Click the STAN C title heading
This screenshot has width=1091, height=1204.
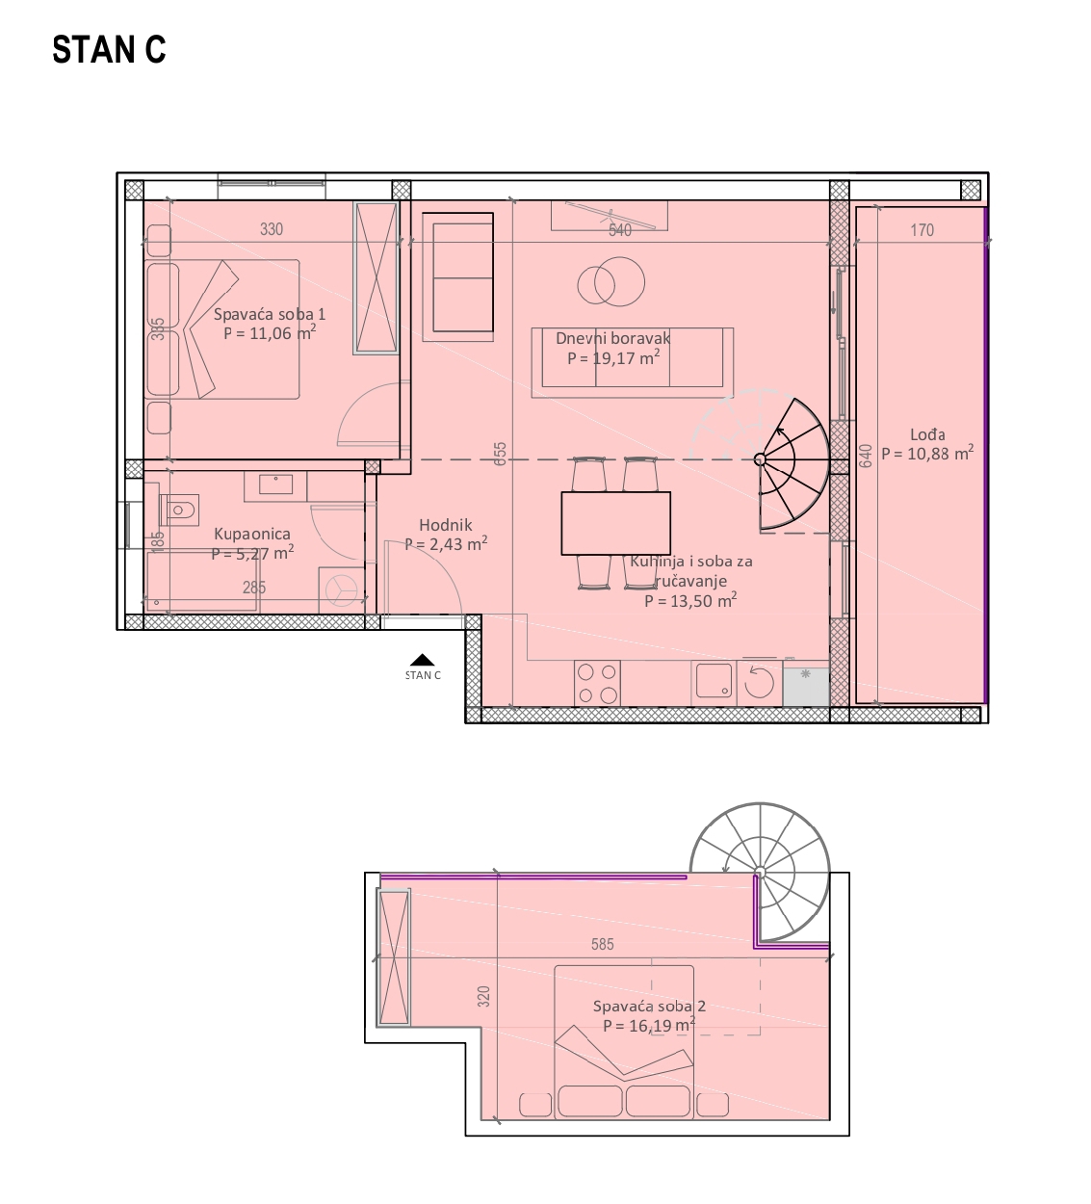click(109, 49)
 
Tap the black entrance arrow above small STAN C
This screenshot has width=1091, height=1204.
click(423, 660)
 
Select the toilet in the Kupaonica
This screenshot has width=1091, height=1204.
click(179, 510)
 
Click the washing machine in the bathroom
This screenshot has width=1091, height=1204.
click(342, 590)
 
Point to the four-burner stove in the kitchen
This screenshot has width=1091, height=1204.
click(597, 683)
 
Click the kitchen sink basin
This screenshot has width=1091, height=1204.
click(714, 680)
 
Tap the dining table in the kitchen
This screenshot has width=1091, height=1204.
click(615, 523)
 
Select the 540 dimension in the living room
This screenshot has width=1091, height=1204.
click(620, 230)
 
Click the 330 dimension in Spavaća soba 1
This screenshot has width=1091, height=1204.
click(272, 229)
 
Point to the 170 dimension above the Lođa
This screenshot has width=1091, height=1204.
click(922, 230)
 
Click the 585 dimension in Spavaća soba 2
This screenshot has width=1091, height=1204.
click(603, 944)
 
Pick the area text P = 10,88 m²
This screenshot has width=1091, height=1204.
click(927, 453)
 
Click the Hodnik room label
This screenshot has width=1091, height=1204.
click(445, 525)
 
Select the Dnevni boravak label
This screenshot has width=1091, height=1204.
click(612, 338)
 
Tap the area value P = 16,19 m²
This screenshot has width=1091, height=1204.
click(649, 1025)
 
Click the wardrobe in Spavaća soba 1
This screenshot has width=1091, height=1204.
click(377, 278)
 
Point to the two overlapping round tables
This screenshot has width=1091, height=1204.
click(611, 282)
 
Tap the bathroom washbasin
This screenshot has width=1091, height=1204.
click(275, 484)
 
